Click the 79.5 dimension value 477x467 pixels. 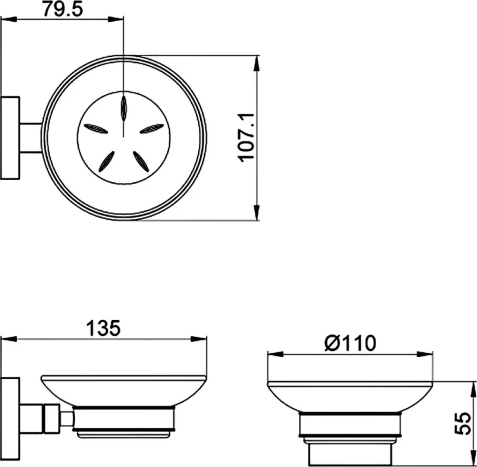point(62,9)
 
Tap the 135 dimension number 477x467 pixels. point(103,328)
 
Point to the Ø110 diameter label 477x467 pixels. point(350,343)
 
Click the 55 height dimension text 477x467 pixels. point(463,424)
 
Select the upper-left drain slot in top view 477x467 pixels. point(95,129)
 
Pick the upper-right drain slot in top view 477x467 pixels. point(152,128)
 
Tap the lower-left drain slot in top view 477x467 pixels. point(107,161)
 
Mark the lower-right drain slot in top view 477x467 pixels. point(141,161)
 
